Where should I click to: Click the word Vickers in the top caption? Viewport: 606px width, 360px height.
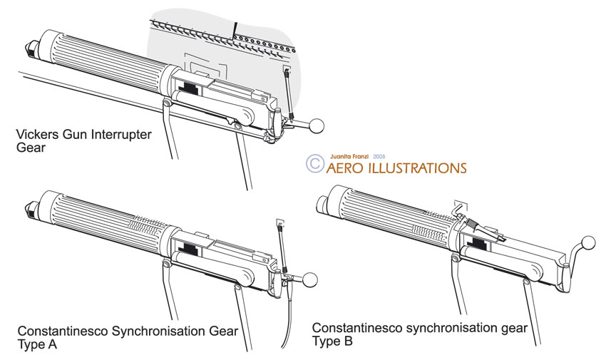pos(35,135)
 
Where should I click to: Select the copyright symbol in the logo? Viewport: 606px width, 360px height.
pos(314,163)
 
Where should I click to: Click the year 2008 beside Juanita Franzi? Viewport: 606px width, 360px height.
pos(379,155)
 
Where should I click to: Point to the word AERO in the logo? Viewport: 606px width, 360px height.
pos(346,169)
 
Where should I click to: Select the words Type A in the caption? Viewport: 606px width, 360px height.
pos(38,346)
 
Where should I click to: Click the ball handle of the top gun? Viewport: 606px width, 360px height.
pos(317,126)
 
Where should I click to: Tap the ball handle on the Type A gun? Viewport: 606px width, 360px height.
pos(311,279)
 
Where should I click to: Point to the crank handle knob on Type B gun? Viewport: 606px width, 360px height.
pos(589,242)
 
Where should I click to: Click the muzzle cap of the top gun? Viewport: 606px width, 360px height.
pos(32,50)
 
